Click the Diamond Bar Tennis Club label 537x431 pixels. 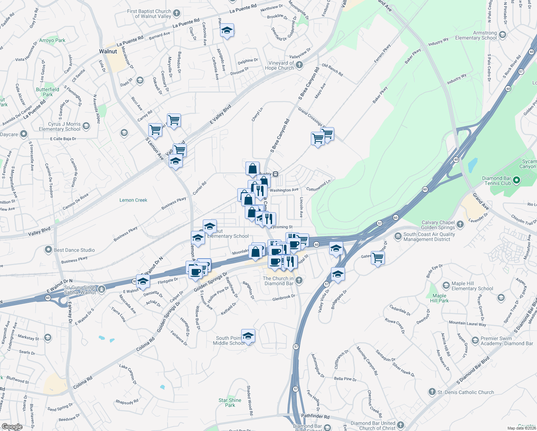[x=496, y=181]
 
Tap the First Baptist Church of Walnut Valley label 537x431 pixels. [x=149, y=14]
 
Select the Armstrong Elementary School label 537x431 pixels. [x=476, y=35]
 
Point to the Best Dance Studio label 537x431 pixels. [x=74, y=250]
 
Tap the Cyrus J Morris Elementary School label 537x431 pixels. [x=60, y=126]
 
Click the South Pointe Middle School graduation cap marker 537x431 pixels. [x=248, y=336]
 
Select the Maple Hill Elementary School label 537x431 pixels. [x=472, y=286]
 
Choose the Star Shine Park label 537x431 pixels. [x=230, y=403]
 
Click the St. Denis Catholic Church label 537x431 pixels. [x=466, y=392]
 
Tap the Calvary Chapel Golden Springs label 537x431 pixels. [x=438, y=225]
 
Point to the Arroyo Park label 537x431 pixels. [x=52, y=40]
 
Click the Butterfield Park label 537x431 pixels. [x=47, y=92]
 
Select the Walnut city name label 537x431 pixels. [x=108, y=51]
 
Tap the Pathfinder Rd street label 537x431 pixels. [x=315, y=417]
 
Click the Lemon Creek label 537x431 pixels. [x=133, y=200]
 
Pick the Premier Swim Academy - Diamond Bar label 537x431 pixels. [x=507, y=341]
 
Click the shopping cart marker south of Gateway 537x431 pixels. [x=378, y=258]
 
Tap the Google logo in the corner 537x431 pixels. [x=12, y=427]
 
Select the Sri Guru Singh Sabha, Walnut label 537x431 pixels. [x=80, y=290]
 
